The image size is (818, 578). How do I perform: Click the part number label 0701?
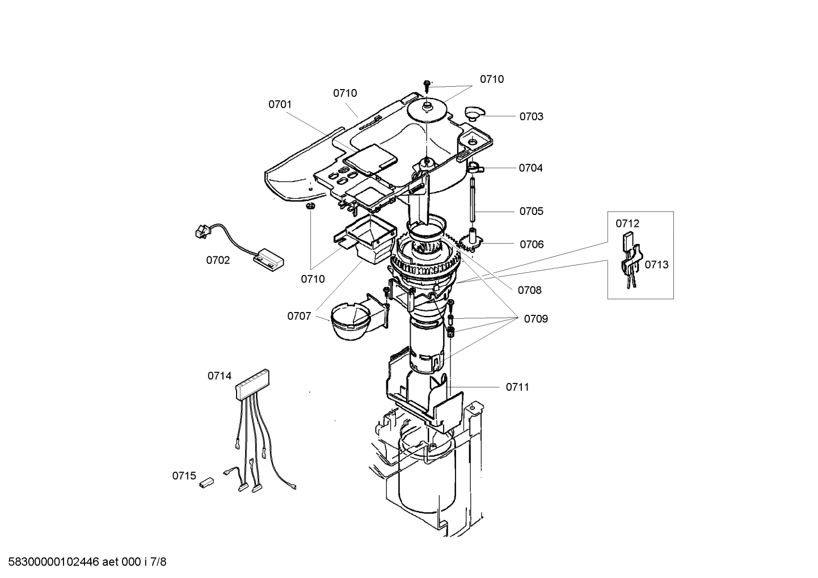[280, 104]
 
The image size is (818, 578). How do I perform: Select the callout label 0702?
[218, 260]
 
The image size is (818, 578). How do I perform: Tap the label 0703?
[531, 116]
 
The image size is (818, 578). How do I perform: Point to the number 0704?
[530, 168]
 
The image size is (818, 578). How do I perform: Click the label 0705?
[531, 211]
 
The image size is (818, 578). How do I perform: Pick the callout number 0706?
[532, 244]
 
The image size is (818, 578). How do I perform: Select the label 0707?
[299, 316]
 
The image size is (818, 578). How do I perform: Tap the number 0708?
[529, 290]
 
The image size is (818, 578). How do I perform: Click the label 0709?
[536, 319]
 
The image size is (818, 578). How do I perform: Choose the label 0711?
[517, 387]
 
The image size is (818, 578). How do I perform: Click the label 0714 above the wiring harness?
[219, 376]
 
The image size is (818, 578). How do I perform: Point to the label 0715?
[184, 476]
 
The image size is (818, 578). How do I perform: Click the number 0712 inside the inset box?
[627, 223]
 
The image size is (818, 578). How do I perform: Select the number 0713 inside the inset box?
[656, 264]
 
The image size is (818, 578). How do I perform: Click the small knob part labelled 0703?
[473, 112]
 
